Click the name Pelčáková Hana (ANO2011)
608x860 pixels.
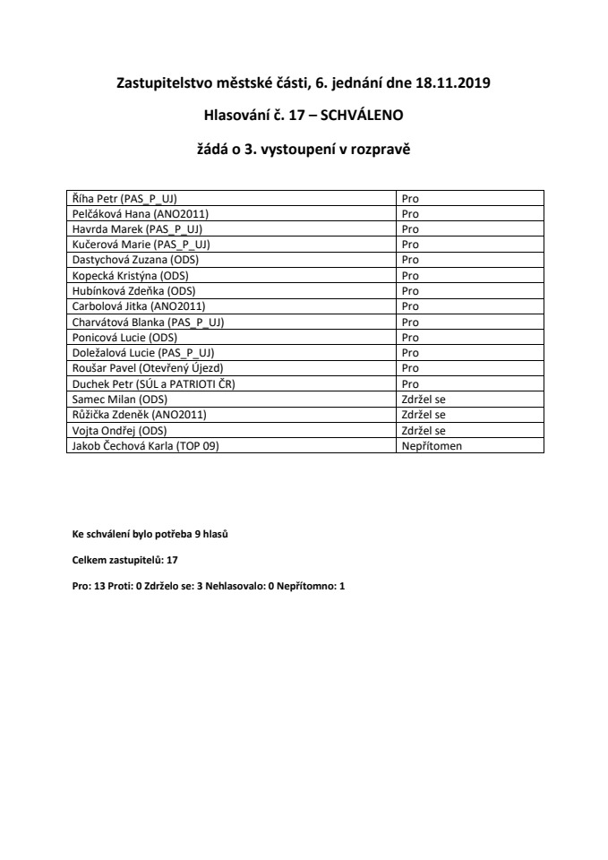point(139,213)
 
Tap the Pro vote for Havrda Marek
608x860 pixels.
point(410,228)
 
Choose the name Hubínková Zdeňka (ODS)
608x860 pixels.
point(133,290)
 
